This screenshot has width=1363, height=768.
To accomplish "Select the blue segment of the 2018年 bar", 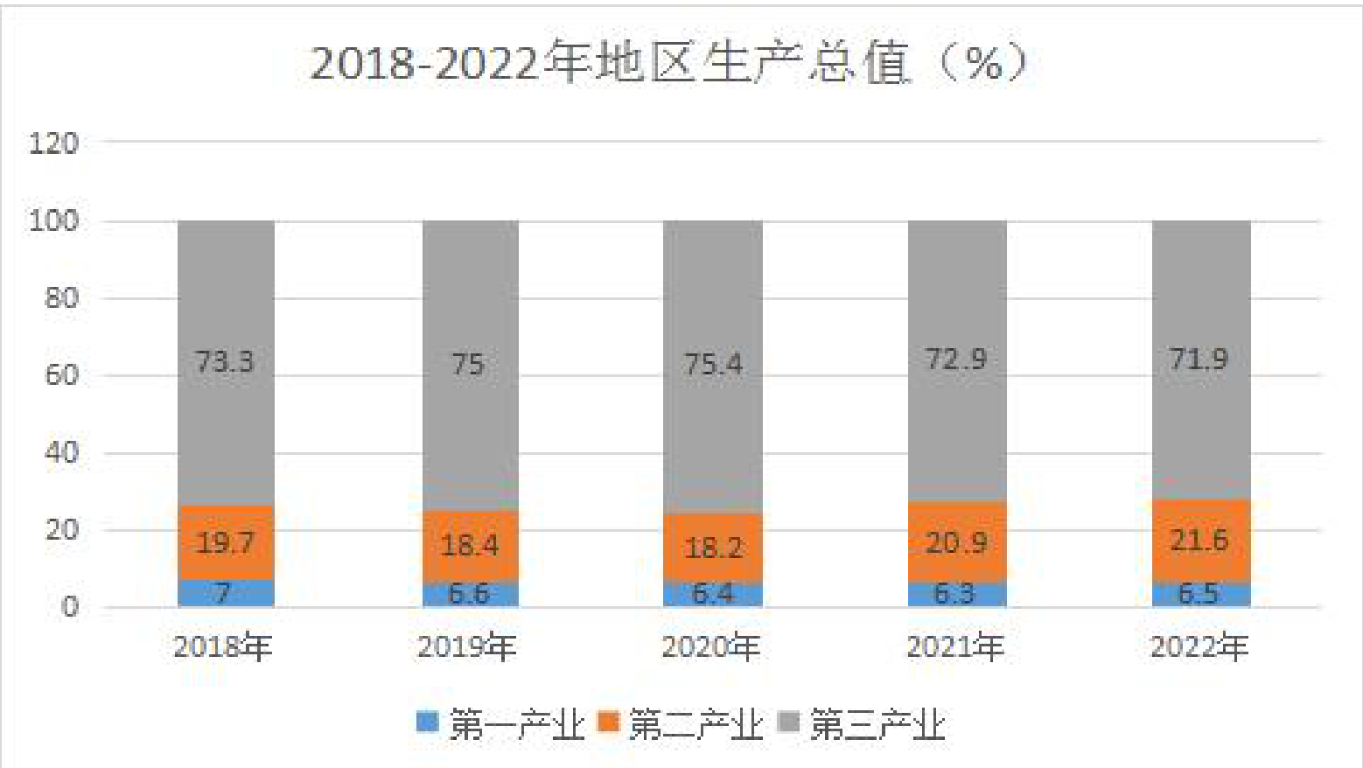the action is (x=226, y=593).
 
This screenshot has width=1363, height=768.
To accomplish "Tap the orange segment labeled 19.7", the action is (x=226, y=542).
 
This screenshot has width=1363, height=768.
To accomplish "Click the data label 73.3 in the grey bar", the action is (x=224, y=361).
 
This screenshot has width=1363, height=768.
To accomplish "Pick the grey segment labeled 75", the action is (x=471, y=365).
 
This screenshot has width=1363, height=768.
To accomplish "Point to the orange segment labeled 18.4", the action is (x=471, y=546).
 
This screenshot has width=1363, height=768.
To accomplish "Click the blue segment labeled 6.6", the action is (x=471, y=595).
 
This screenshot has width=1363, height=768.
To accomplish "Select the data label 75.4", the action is (x=713, y=364).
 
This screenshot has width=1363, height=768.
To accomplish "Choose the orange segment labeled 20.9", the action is (x=957, y=541).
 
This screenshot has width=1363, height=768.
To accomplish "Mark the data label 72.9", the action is (x=956, y=359).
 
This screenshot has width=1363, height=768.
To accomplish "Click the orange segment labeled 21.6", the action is (x=1201, y=541).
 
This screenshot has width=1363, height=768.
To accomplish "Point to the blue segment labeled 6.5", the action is (x=1201, y=595).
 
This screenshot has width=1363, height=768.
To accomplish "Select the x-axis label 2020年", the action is (x=711, y=646).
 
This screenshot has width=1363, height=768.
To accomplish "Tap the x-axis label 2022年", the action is (x=1199, y=646).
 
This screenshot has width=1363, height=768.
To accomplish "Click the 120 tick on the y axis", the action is (x=53, y=143).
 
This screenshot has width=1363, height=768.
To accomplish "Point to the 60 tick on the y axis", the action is (x=61, y=375).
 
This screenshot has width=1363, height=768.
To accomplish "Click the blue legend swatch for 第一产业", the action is (x=427, y=722).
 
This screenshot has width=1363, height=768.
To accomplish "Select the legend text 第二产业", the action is (x=696, y=724).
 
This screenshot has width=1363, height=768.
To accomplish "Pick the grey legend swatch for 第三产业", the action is (x=788, y=722).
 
